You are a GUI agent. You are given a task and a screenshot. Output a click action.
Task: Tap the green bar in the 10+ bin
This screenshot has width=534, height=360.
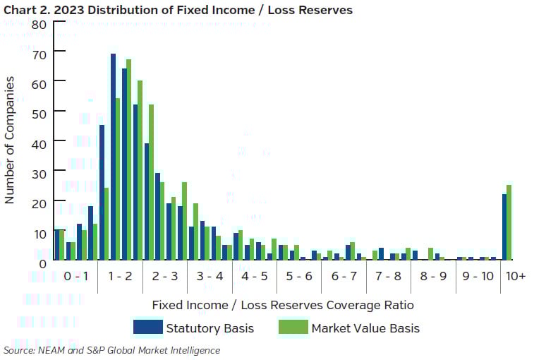[x=509, y=222]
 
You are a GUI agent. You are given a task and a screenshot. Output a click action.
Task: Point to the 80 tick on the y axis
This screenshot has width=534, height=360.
[x=39, y=23]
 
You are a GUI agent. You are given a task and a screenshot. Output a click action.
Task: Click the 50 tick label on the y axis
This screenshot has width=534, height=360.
[x=39, y=113]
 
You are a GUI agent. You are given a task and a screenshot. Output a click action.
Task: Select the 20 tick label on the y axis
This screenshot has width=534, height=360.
[x=39, y=203]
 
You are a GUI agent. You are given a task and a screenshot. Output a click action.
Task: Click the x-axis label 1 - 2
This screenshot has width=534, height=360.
[x=120, y=276]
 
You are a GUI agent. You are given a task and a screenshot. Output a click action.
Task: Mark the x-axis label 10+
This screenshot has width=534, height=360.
[x=516, y=276]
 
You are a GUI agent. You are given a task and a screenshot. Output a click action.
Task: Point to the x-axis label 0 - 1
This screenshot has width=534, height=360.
[x=75, y=276]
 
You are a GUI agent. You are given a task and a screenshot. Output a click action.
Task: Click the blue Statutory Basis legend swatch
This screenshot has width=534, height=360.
[x=147, y=328]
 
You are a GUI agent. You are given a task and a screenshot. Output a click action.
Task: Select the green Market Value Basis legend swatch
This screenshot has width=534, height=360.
[x=291, y=328]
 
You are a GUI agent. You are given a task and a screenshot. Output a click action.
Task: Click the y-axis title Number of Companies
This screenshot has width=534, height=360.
[x=10, y=141]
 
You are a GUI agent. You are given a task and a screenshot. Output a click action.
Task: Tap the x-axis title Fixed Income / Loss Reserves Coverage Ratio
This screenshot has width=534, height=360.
[x=282, y=305]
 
